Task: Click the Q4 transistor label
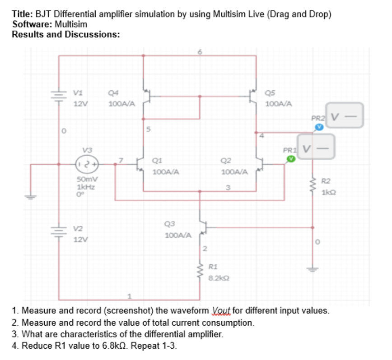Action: pyautogui.click(x=114, y=93)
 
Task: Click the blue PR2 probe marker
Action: pyautogui.click(x=319, y=127)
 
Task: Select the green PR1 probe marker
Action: pyautogui.click(x=291, y=158)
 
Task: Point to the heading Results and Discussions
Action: pyautogui.click(x=65, y=34)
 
